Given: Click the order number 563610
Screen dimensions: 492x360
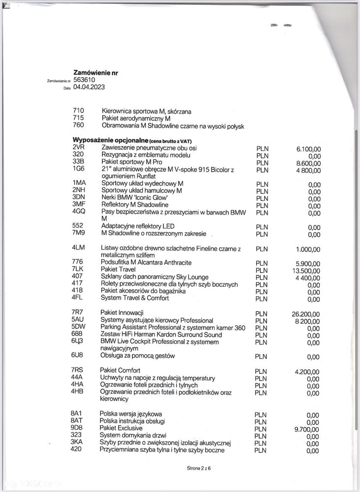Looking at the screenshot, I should click(x=84, y=80).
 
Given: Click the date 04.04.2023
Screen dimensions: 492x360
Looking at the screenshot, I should click(x=89, y=87).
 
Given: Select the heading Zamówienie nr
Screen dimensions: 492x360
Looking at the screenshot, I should click(x=95, y=72).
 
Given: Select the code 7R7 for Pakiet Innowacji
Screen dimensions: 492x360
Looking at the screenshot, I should click(x=78, y=313).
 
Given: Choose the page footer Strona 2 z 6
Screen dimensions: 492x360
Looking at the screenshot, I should click(x=199, y=468).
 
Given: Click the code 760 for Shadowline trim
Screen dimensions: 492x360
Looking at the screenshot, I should click(x=78, y=126).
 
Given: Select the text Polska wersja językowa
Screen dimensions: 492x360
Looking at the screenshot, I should click(x=130, y=414).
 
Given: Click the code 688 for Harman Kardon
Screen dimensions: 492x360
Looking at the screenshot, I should click(x=77, y=335).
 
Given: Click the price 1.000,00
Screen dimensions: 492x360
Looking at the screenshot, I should click(x=308, y=249).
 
